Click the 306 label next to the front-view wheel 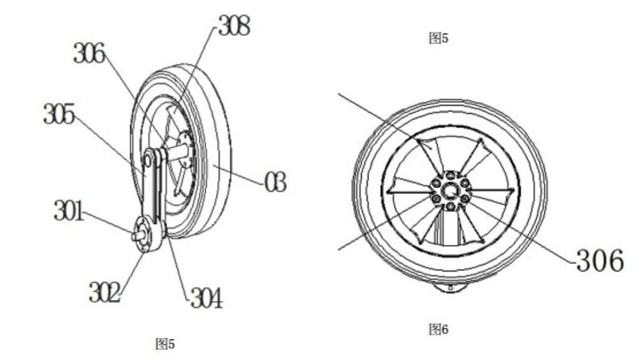click(599, 261)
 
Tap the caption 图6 click(438, 330)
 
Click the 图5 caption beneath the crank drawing click(165, 345)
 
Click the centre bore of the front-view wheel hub click(451, 190)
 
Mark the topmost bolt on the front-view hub click(451, 174)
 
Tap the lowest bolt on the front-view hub click(451, 206)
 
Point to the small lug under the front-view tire click(453, 288)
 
